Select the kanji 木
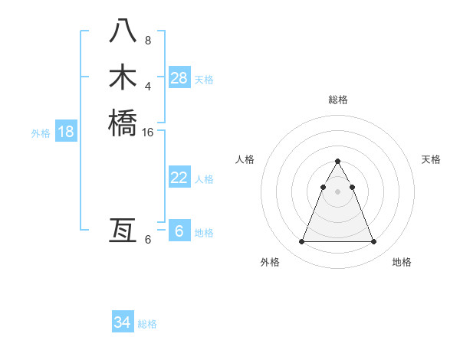click(x=123, y=78)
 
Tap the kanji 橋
click(x=123, y=123)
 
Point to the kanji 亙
click(x=123, y=230)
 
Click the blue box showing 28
click(x=179, y=78)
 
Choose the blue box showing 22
click(x=179, y=178)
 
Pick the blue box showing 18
click(x=66, y=132)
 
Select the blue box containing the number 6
click(x=179, y=231)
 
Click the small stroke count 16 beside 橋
click(x=148, y=132)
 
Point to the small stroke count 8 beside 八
click(x=148, y=40)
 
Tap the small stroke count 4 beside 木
click(x=148, y=86)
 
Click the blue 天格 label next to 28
click(x=204, y=80)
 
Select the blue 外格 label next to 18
click(x=41, y=133)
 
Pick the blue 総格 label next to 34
click(x=147, y=324)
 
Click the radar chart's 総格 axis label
click(x=337, y=100)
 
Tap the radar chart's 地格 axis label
click(x=402, y=262)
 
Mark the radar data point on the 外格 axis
click(x=301, y=242)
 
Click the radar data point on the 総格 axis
click(x=337, y=162)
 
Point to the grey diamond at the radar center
click(x=337, y=191)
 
